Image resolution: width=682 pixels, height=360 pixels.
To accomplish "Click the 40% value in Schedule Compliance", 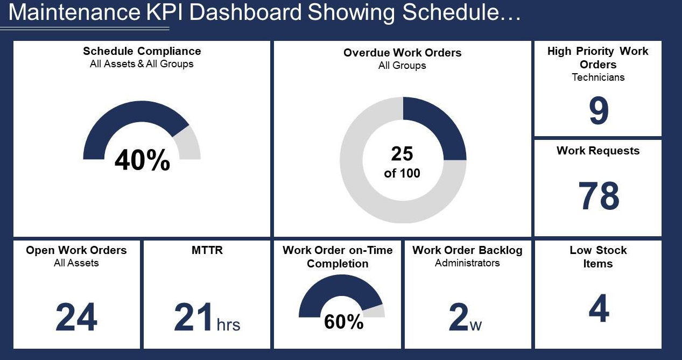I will click(x=142, y=160).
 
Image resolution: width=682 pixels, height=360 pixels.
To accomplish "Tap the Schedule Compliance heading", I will click(x=142, y=51).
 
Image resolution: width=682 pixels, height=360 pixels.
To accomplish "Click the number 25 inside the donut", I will click(x=402, y=154).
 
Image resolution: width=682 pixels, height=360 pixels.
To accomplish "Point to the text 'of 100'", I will click(x=402, y=173).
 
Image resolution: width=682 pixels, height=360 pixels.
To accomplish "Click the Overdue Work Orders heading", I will click(x=402, y=53).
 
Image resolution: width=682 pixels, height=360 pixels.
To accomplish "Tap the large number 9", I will click(x=598, y=111).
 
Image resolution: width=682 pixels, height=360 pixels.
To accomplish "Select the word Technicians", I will click(x=598, y=77).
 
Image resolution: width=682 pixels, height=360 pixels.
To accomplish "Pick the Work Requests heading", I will click(x=598, y=151).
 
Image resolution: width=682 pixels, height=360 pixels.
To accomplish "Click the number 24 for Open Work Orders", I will click(x=76, y=317).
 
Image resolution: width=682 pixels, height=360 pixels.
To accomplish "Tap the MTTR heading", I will click(x=207, y=250).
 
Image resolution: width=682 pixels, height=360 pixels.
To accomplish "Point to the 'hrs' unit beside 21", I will click(x=228, y=325).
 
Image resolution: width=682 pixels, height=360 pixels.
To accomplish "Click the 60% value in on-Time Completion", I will click(x=343, y=322).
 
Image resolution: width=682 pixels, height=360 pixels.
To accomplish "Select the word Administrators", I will click(x=467, y=263).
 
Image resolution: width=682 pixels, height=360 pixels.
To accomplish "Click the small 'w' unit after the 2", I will click(x=475, y=326).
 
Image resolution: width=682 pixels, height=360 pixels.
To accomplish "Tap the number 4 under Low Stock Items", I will click(x=599, y=309).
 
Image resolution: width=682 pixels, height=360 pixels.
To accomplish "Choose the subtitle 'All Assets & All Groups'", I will click(x=142, y=64).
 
